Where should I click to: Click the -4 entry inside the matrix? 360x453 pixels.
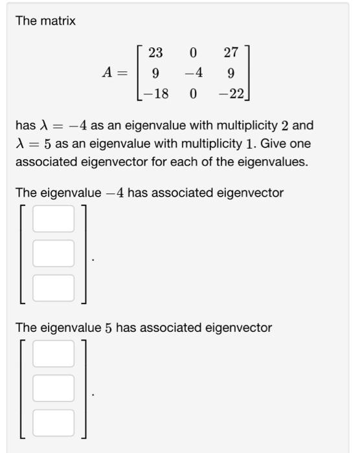[x=193, y=74]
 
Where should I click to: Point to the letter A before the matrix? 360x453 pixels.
[x=107, y=74]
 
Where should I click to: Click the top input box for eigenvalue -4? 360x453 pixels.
[x=53, y=219]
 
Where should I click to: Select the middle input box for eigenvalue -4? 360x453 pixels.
[x=53, y=253]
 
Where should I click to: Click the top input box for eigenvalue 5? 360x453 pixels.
[x=53, y=354]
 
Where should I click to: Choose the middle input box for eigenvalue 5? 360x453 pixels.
[x=53, y=388]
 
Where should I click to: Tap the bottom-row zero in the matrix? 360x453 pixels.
[x=194, y=94]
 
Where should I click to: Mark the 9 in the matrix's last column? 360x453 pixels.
[x=231, y=74]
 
